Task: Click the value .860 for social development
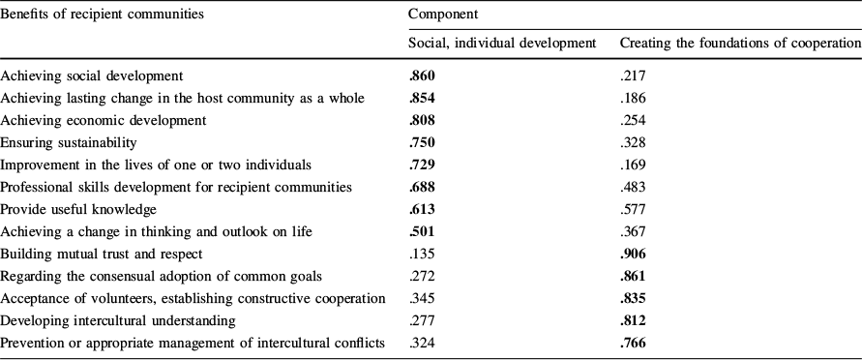[x=423, y=75]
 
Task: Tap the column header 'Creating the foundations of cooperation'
[x=739, y=44]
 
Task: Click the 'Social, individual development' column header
[x=502, y=44]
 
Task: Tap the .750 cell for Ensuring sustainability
[x=423, y=141]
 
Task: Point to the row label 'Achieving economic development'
[x=104, y=119]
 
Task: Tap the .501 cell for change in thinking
[x=423, y=230]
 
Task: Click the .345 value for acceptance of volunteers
[x=422, y=297]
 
